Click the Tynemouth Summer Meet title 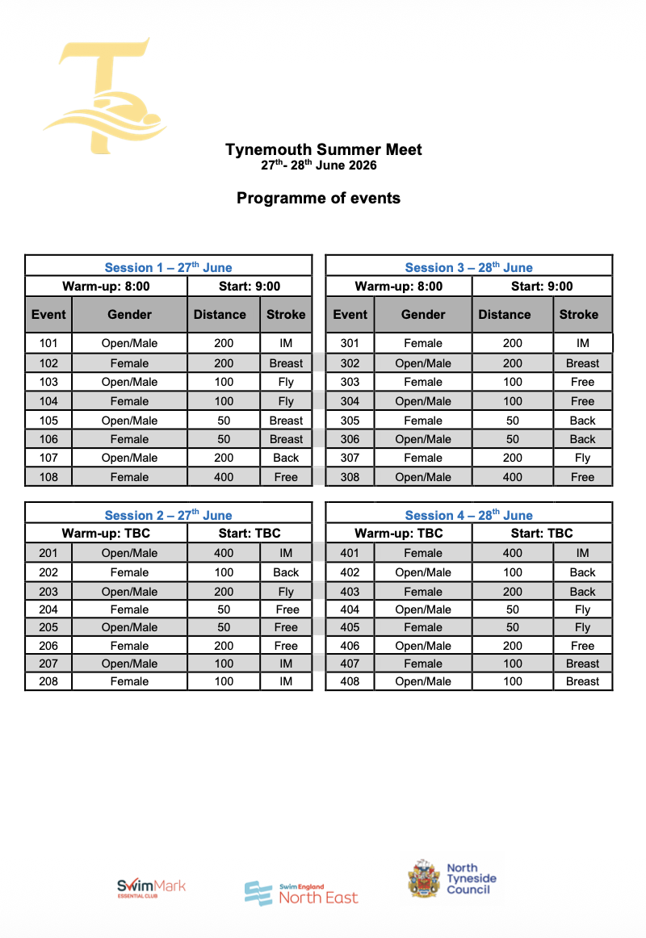(323, 149)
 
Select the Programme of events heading (318, 198)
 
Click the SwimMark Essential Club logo (151, 889)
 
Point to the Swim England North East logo (301, 893)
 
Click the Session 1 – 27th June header (168, 267)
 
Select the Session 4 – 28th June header (468, 515)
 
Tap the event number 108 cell (48, 477)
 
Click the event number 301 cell (350, 343)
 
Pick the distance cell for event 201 (224, 553)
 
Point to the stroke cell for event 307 (582, 458)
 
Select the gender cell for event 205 (129, 627)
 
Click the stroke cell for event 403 (582, 591)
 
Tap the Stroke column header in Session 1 (286, 314)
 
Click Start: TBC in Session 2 (250, 533)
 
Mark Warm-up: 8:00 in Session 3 (399, 286)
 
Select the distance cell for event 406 (512, 646)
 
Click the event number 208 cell (48, 681)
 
